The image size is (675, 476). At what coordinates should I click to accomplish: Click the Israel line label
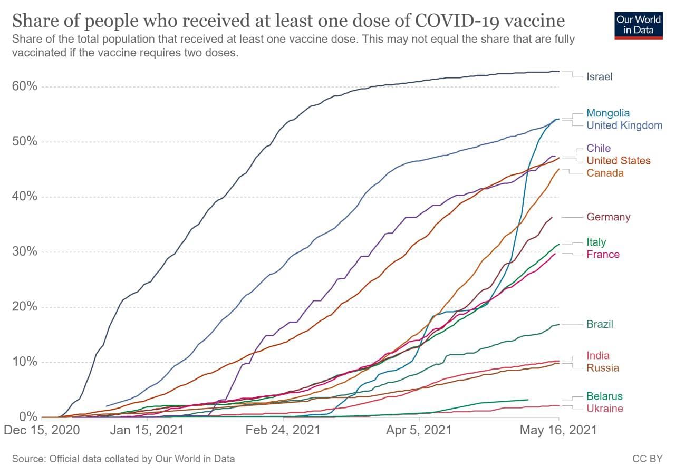click(x=599, y=77)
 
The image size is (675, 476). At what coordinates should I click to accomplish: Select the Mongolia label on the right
click(x=608, y=113)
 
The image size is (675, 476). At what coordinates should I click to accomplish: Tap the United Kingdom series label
click(x=624, y=125)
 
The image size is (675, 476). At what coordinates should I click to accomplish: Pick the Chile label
click(x=599, y=148)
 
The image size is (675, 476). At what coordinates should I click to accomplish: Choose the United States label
click(x=619, y=161)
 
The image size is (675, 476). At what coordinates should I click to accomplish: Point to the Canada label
click(x=605, y=173)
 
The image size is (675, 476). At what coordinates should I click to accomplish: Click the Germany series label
click(x=608, y=217)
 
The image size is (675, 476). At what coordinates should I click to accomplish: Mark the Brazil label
click(x=600, y=324)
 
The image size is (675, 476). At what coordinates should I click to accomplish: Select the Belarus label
click(x=604, y=396)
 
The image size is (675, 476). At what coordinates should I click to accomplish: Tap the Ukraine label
click(x=604, y=409)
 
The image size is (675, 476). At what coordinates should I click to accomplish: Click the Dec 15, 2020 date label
click(x=42, y=430)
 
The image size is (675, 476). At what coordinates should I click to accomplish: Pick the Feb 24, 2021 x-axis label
click(x=283, y=430)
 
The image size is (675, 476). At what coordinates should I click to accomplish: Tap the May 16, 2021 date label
click(x=558, y=430)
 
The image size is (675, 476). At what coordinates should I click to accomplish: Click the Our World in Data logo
click(x=638, y=24)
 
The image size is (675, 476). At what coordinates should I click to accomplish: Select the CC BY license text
click(x=647, y=459)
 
